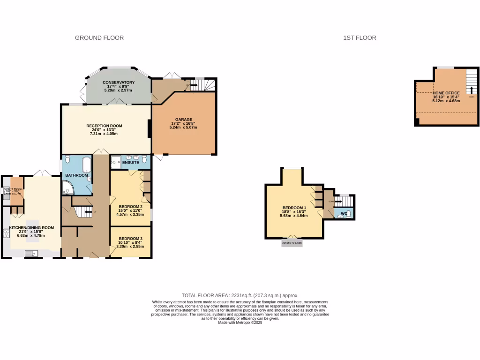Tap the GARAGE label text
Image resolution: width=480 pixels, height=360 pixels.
point(184,120)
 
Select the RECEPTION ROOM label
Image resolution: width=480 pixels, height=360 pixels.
point(104,126)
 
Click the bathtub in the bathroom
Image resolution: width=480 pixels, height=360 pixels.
point(87,165)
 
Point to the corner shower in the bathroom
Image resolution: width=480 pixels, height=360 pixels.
point(67,188)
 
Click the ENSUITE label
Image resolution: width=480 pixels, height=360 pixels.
point(131,162)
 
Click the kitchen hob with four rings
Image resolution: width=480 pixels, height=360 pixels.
point(7,232)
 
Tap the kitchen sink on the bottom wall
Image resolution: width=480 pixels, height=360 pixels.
point(31,254)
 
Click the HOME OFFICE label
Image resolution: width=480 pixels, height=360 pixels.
point(446,93)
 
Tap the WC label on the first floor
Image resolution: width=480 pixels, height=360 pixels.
point(344,214)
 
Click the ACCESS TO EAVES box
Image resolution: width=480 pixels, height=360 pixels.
point(292,243)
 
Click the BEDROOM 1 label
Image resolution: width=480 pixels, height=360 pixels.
point(294,208)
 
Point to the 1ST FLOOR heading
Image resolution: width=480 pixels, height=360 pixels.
point(360,37)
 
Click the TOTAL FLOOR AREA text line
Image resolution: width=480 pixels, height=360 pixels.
point(240,295)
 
